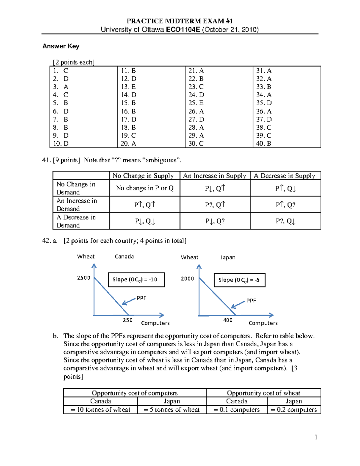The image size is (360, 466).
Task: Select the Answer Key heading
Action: (61, 46)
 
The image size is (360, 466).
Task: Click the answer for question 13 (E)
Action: (128, 87)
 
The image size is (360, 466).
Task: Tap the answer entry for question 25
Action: (196, 103)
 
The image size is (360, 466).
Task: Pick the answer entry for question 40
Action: (263, 143)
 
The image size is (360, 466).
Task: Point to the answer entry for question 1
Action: (61, 71)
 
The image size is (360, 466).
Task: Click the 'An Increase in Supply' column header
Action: (215, 176)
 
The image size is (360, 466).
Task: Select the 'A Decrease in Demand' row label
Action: (76, 221)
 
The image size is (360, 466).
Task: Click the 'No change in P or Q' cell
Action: (145, 188)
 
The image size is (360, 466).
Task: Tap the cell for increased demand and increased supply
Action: (215, 205)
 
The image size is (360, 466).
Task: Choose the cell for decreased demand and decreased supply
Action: (286, 221)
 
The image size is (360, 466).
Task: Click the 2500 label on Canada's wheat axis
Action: (84, 278)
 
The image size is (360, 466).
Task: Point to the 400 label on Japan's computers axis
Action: (228, 320)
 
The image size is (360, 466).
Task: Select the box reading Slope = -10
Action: (136, 280)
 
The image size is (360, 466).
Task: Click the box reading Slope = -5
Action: (239, 280)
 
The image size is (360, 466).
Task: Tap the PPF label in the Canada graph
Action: (141, 298)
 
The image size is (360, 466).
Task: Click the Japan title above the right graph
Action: (228, 257)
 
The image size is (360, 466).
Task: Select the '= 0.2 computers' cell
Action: (294, 410)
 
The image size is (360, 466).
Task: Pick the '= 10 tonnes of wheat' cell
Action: (100, 410)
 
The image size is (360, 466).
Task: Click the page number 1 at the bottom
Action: (316, 437)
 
